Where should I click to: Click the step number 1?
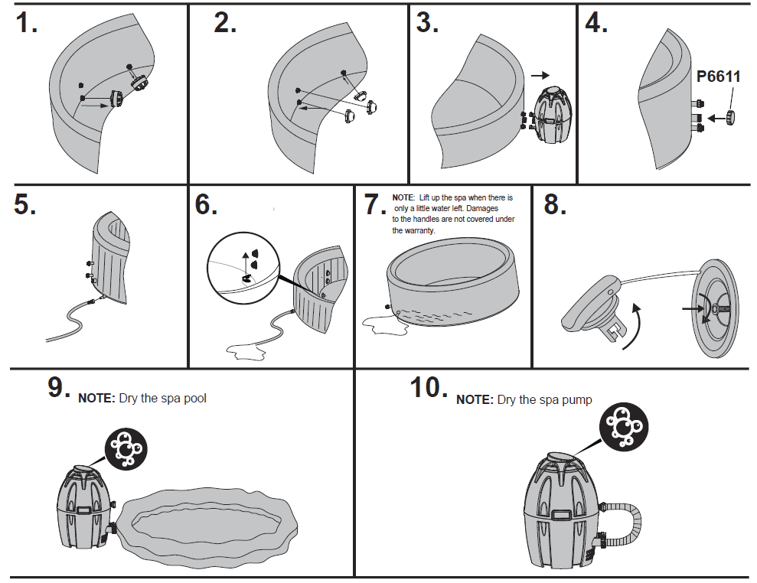tap(27, 24)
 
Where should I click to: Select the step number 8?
tap(556, 205)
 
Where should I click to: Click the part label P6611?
tap(718, 77)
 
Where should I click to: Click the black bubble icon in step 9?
tap(124, 449)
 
